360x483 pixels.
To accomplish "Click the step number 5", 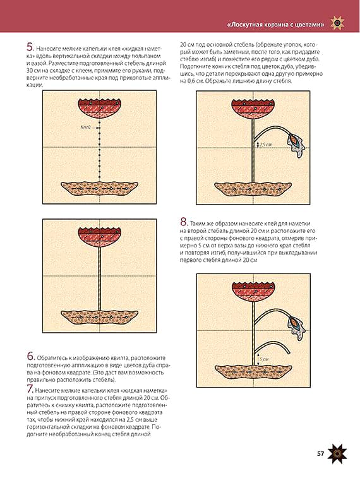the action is click(30, 47).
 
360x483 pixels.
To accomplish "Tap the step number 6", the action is click(31, 356).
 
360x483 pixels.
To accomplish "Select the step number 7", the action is click(30, 389).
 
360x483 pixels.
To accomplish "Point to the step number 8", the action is click(184, 222).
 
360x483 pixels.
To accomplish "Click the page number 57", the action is click(321, 454).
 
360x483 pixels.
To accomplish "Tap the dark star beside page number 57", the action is click(337, 454).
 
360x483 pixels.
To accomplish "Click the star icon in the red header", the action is click(337, 23).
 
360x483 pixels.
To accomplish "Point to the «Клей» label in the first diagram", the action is click(85, 127).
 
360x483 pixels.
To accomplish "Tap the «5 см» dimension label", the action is click(264, 359).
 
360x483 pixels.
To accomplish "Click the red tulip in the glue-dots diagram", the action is click(99, 109).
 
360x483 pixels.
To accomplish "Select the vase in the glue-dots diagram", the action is click(99, 189).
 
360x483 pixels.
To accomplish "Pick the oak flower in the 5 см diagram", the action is click(296, 328).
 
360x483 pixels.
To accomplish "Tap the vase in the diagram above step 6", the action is click(99, 318).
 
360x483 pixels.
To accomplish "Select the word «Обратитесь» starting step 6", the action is click(51, 358).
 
